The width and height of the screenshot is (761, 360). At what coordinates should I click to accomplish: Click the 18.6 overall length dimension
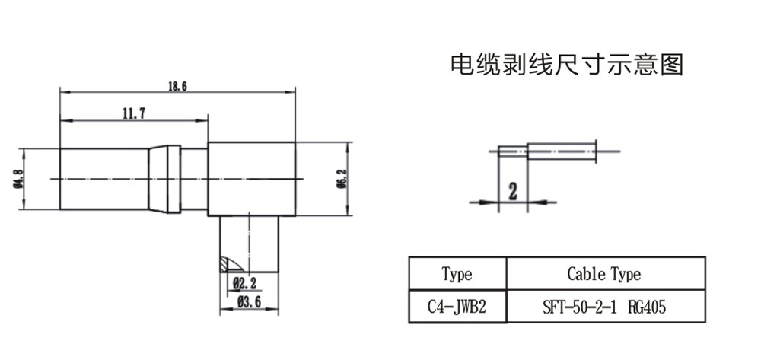click(x=177, y=86)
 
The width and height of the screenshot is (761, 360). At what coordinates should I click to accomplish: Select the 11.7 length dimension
click(x=133, y=113)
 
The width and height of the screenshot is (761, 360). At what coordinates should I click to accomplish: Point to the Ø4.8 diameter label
click(x=17, y=178)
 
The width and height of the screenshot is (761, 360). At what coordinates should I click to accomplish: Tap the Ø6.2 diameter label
click(x=342, y=178)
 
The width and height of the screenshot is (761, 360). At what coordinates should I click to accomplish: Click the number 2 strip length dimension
click(x=513, y=190)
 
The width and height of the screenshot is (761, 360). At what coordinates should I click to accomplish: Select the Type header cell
click(x=457, y=274)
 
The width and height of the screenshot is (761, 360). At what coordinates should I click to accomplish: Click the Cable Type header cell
click(x=604, y=274)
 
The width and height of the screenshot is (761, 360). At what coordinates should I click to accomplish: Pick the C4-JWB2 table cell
click(x=457, y=307)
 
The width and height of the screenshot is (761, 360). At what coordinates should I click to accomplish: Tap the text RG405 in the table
click(x=651, y=307)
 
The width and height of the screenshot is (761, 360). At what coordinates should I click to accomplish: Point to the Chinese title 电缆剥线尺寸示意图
click(x=568, y=65)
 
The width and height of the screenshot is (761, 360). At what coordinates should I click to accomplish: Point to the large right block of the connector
click(x=251, y=178)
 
